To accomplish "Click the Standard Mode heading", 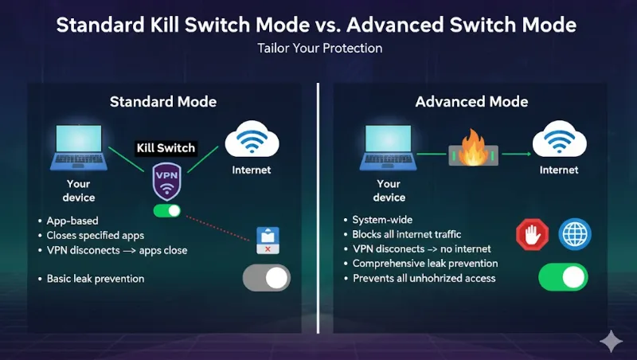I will point(162,102).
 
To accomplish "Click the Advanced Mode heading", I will point(471,102).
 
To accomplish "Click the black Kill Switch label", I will point(166,148).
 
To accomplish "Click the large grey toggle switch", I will point(266,278).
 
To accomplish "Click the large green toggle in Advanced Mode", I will point(563,277).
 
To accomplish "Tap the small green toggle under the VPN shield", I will point(167,212).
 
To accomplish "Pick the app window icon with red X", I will point(268,240).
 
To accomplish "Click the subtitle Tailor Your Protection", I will point(319,49).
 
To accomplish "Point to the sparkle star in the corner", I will point(612,340).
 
